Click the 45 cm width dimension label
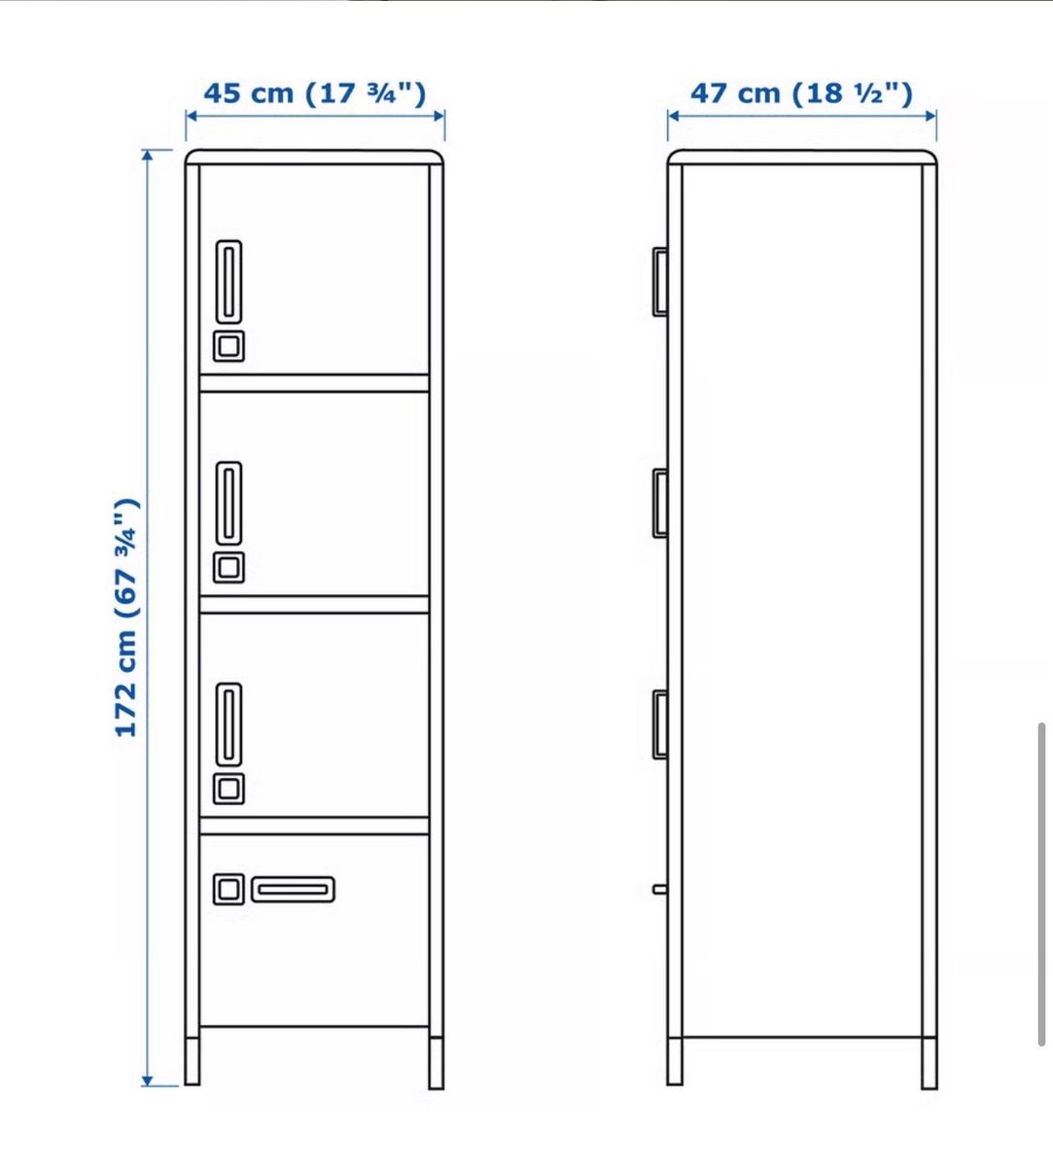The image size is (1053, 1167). pyautogui.click(x=315, y=93)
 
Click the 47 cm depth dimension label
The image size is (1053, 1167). pyautogui.click(x=802, y=93)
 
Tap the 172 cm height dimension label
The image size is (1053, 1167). pyautogui.click(x=126, y=618)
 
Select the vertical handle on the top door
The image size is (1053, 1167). pyautogui.click(x=229, y=282)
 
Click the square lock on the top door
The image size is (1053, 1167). pyautogui.click(x=228, y=347)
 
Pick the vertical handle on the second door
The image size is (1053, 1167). pyautogui.click(x=229, y=503)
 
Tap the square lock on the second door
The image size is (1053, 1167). pyautogui.click(x=228, y=568)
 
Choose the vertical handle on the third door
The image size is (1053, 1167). pyautogui.click(x=229, y=725)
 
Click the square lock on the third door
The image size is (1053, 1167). pyautogui.click(x=228, y=789)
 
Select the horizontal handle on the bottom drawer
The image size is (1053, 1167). pyautogui.click(x=294, y=889)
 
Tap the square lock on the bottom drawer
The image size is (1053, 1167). pyautogui.click(x=228, y=889)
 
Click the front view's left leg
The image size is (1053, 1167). pyautogui.click(x=193, y=1061)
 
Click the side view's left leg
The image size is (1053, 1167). pyautogui.click(x=675, y=1061)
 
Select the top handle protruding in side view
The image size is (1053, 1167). pyautogui.click(x=660, y=282)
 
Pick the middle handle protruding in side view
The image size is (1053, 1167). pyautogui.click(x=660, y=503)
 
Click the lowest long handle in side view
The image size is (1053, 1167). pyautogui.click(x=660, y=725)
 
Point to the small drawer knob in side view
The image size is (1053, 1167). pyautogui.click(x=660, y=889)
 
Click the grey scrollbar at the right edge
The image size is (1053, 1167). pyautogui.click(x=1042, y=884)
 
